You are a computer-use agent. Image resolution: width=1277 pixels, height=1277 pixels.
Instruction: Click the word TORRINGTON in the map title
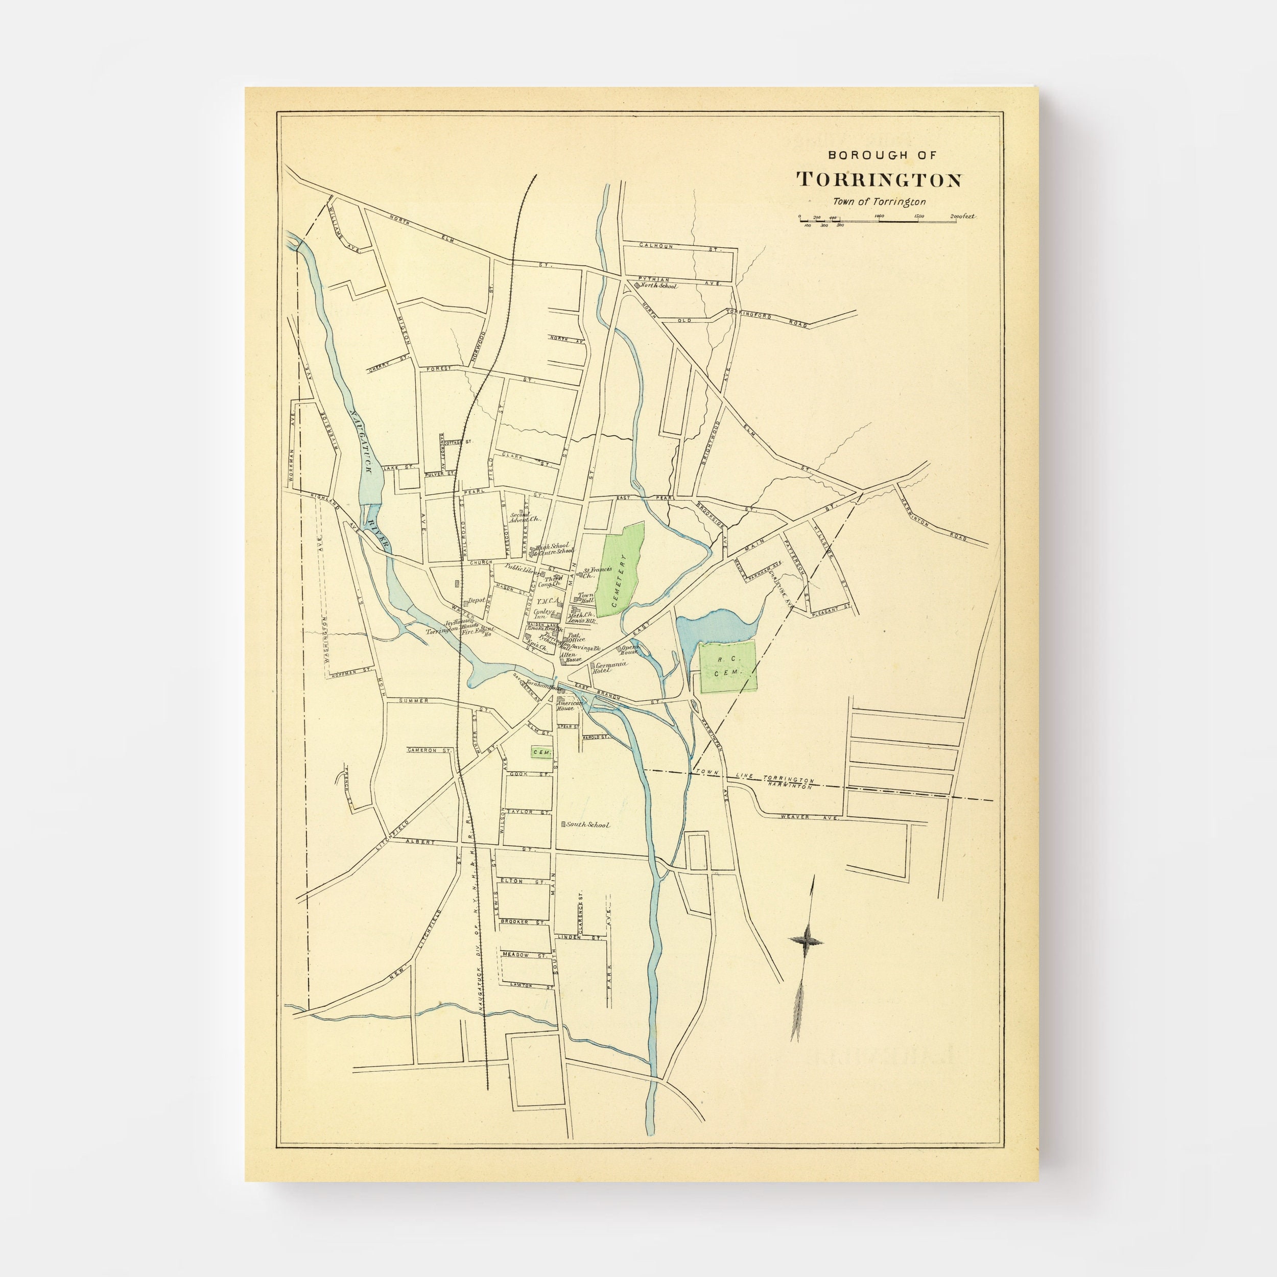pos(879,180)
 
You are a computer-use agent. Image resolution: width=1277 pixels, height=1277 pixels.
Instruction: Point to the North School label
pos(658,286)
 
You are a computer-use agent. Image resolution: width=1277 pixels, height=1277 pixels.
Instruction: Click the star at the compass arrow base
pos(806,940)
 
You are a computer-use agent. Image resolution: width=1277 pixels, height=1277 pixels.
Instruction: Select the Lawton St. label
pos(531,1003)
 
